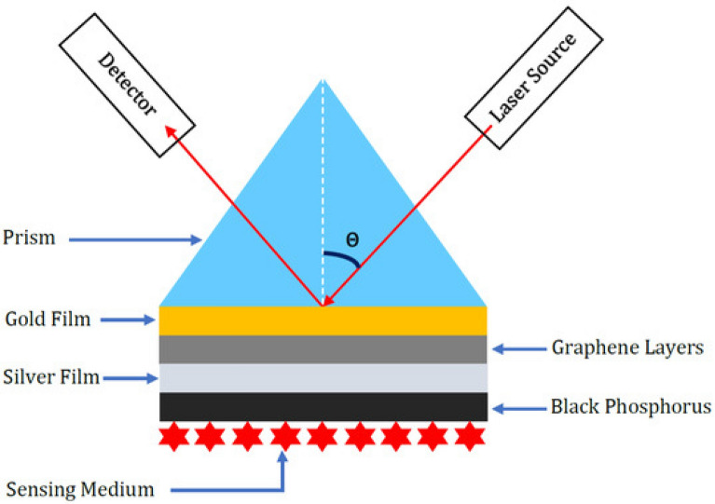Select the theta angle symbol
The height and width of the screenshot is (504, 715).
351,238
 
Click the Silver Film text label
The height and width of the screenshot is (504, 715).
48,377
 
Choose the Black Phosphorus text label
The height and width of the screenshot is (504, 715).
618,406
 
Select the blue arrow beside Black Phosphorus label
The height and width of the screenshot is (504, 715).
517,407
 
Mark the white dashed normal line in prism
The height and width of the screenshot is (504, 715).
323,186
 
